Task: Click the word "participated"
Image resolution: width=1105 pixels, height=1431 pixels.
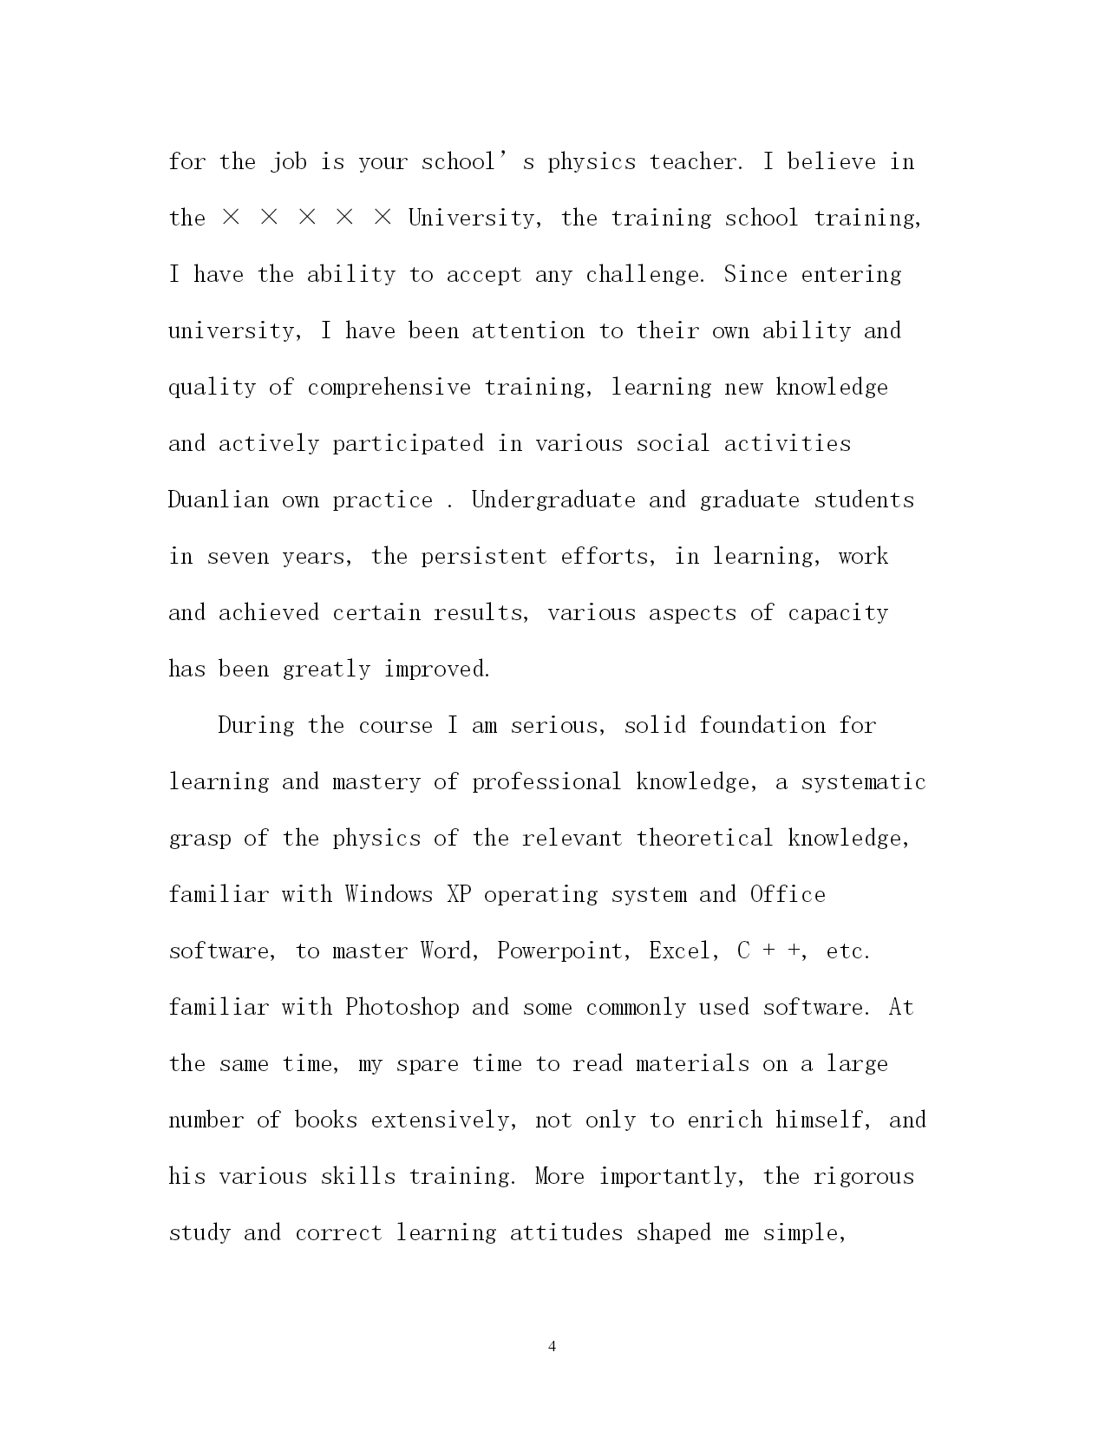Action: click(408, 444)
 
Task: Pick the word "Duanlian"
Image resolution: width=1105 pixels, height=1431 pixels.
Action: click(219, 500)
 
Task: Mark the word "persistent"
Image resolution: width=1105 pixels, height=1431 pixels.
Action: click(484, 557)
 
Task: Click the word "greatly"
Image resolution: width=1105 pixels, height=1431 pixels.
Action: click(326, 670)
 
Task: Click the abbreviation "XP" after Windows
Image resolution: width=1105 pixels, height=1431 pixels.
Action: click(459, 895)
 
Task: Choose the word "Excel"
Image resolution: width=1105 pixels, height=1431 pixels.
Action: click(681, 951)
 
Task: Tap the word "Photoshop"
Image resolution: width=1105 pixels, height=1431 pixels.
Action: click(402, 1008)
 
